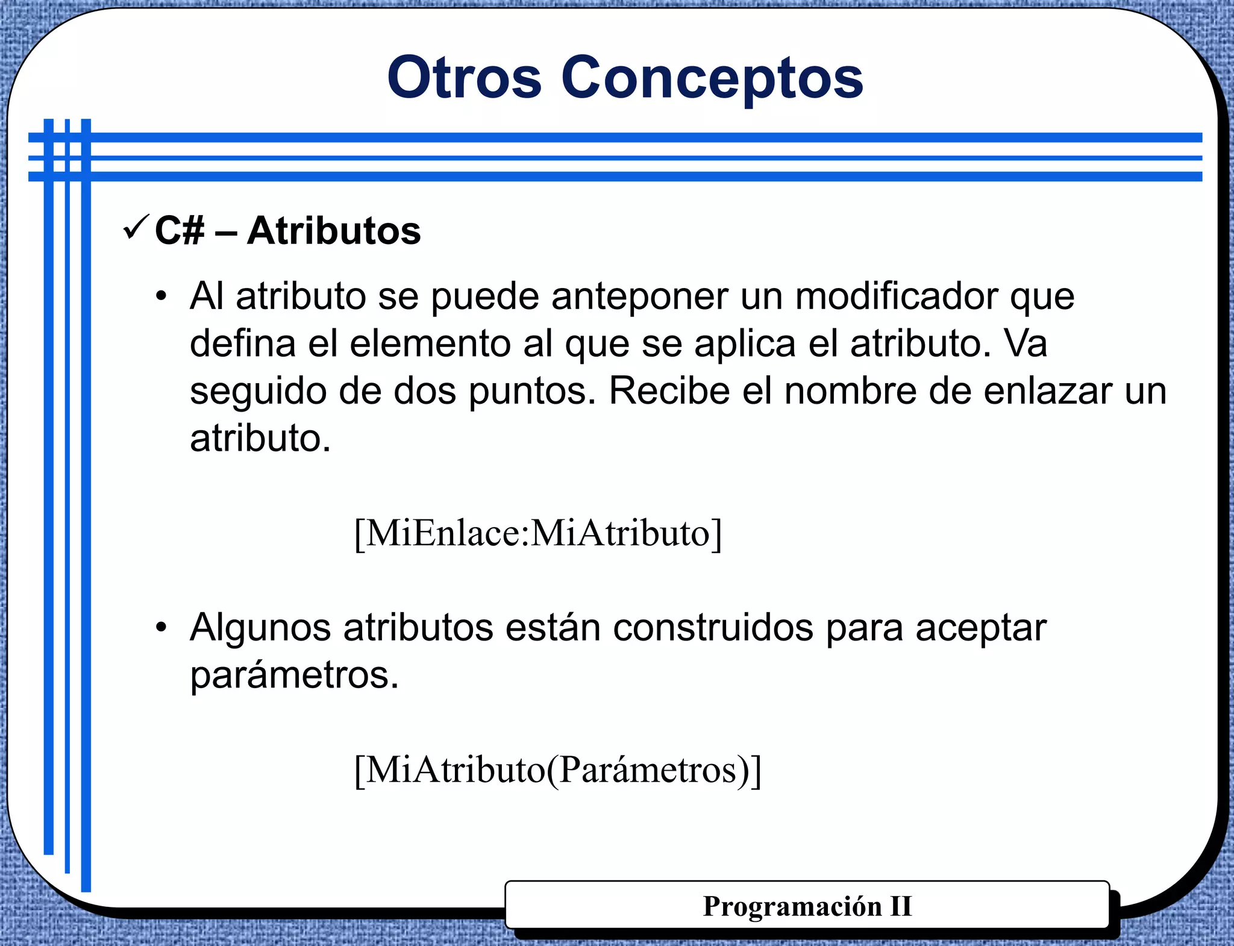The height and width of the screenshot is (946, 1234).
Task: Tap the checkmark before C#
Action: point(136,228)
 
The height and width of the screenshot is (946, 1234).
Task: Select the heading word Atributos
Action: point(334,231)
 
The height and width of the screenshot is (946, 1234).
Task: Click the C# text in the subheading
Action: point(179,231)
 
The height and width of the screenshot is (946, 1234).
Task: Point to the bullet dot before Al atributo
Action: point(161,297)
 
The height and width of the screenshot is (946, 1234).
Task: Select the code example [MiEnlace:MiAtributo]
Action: point(538,533)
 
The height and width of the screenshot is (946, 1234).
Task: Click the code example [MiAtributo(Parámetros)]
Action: point(558,770)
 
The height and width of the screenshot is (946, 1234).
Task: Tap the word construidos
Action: point(713,628)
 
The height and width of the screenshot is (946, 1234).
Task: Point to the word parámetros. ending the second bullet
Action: point(294,675)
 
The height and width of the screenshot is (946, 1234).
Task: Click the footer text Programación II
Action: point(807,906)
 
